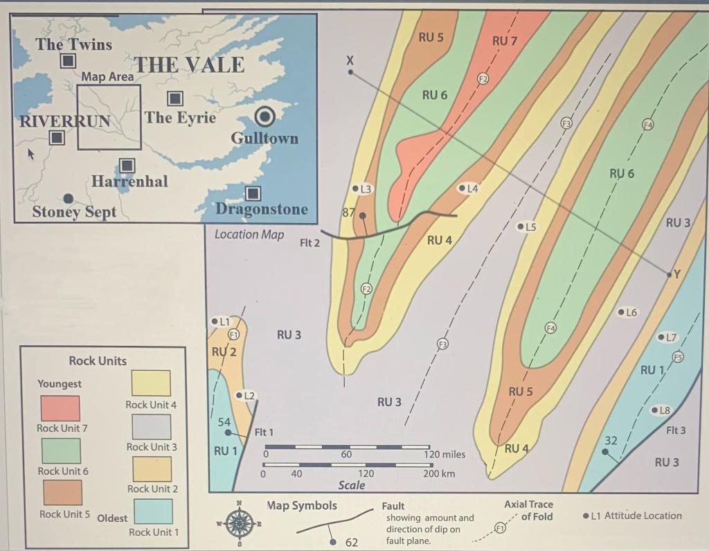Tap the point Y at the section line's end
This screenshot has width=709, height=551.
point(670,275)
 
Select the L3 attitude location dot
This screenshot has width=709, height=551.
point(356,189)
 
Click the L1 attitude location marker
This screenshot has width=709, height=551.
point(214,322)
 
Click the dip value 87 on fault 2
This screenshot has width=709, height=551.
point(350,213)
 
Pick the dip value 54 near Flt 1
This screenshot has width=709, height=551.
point(224,422)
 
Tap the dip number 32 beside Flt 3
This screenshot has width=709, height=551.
point(611,440)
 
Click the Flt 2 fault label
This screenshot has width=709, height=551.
point(309,243)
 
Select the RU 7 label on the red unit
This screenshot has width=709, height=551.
point(505,41)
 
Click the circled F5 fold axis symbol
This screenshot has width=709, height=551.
point(678,357)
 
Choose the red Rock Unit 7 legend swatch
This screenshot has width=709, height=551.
point(60,408)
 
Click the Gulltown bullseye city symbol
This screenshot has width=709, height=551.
point(265,116)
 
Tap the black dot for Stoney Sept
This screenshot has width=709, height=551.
point(68,198)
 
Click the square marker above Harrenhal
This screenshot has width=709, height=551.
point(127,165)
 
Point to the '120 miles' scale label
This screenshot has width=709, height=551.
point(444,455)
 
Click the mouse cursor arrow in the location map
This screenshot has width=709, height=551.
point(30,152)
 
